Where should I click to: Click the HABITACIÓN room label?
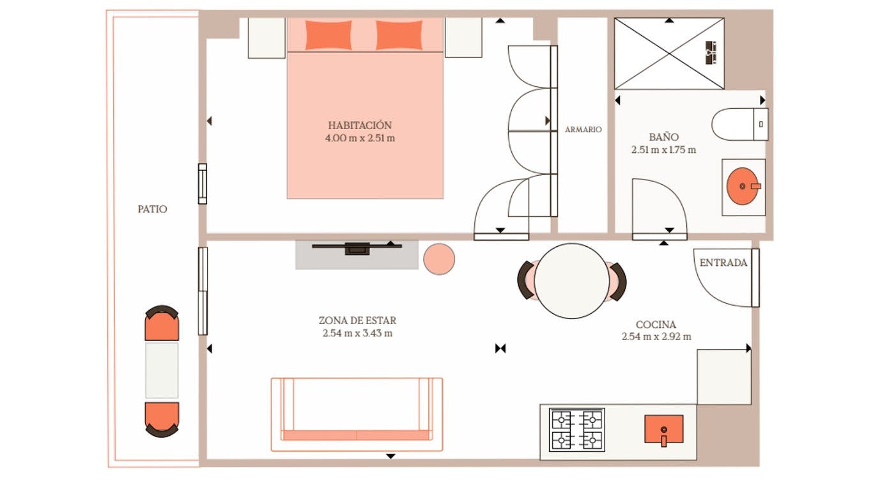pos(360,125)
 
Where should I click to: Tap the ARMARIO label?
pos(583,130)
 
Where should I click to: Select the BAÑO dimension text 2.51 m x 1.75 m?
pos(663,150)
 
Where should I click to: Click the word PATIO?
pos(152,209)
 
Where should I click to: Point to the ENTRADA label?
pos(723,263)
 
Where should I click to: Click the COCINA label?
pos(656,325)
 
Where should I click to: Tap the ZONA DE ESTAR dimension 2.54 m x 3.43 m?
pos(357,333)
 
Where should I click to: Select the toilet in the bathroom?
pos(738,124)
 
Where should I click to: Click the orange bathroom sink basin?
pos(743,186)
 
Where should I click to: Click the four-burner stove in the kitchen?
pos(577,430)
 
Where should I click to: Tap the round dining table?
pos(571,281)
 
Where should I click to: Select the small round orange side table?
pos(439,259)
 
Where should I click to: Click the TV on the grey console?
pos(357,248)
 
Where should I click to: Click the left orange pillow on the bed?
pos(328,35)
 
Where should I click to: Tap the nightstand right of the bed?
pos(463,38)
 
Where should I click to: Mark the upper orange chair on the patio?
pos(162,324)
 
